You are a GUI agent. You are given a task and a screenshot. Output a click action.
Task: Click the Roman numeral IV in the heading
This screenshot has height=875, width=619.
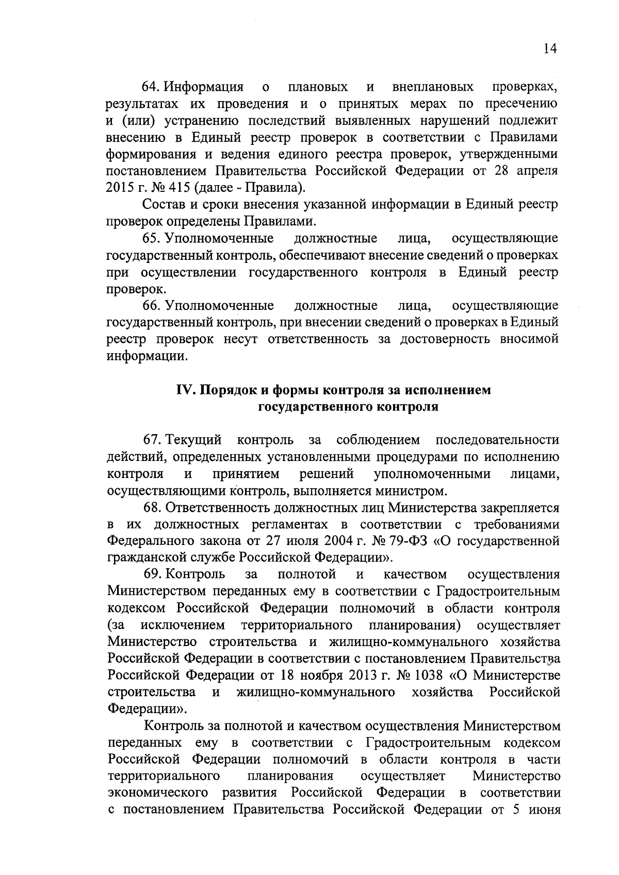tap(185, 390)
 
